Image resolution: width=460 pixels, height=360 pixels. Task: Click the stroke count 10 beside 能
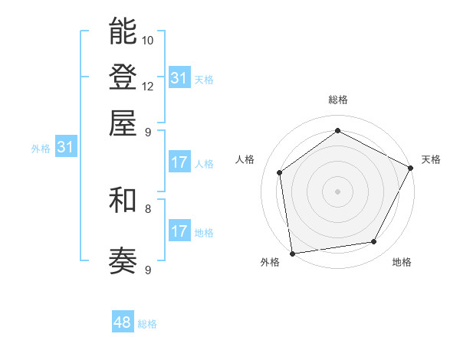pos(148,40)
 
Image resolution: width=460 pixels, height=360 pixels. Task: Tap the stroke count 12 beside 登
pos(148,86)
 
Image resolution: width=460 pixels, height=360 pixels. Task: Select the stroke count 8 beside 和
pos(148,208)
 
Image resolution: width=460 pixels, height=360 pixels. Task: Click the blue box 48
pos(123,322)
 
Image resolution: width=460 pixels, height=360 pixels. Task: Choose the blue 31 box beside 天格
pos(179,78)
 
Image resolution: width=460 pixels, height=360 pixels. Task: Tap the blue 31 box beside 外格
pos(65,147)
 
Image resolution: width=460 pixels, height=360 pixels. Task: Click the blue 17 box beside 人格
pos(179,162)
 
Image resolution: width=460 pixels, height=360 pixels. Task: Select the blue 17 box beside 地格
pos(179,231)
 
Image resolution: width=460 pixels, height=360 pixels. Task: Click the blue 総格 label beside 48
pos(147,324)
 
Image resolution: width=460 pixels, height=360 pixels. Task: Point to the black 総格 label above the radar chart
pos(337,100)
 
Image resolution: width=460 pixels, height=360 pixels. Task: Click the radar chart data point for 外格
pos(292,253)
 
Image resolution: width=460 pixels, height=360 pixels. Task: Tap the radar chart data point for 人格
pos(280,172)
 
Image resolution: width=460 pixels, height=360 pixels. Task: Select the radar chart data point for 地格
pos(374,241)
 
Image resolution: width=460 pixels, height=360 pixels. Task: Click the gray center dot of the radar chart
pos(337,191)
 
